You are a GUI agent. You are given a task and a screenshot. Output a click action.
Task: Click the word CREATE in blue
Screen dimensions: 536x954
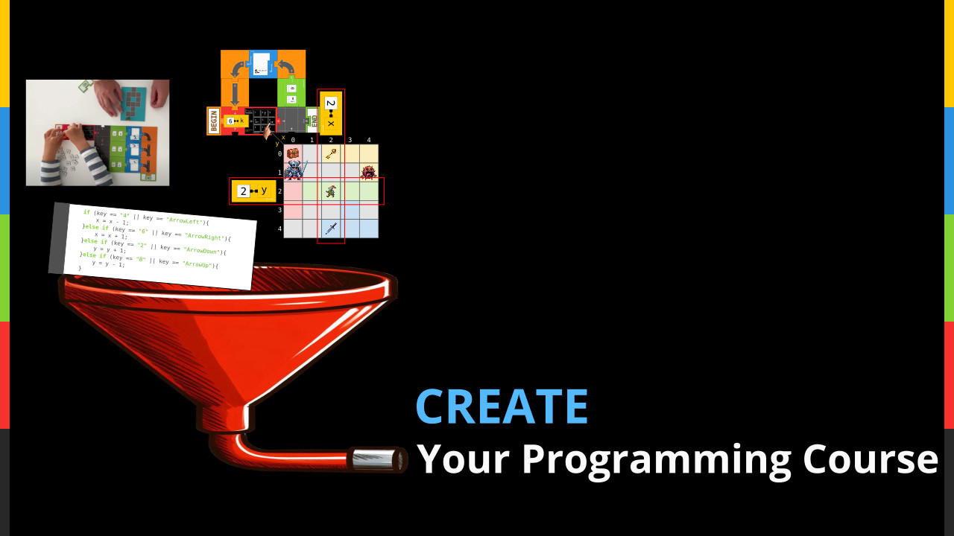click(502, 406)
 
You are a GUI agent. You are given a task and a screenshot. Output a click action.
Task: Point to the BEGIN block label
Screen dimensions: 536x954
click(213, 121)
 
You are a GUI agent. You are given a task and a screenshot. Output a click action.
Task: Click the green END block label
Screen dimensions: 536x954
click(314, 119)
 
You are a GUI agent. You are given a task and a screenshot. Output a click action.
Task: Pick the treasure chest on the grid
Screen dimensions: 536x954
click(293, 153)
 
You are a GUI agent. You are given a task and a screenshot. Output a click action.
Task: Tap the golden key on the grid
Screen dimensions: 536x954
click(331, 153)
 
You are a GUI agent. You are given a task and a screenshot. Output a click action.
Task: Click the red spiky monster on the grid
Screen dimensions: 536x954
click(368, 172)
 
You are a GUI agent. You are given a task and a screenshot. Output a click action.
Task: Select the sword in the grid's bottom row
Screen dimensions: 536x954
click(331, 229)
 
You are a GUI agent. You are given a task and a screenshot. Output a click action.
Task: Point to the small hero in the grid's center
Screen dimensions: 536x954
click(331, 191)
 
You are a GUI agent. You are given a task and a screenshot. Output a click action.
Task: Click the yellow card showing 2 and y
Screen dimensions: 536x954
click(253, 191)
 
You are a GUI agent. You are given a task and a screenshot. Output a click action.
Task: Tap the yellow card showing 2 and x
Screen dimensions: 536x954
click(331, 112)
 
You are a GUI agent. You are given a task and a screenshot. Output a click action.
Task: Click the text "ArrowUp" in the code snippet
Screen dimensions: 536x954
click(197, 264)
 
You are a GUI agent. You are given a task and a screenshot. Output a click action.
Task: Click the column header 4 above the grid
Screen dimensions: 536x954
click(368, 140)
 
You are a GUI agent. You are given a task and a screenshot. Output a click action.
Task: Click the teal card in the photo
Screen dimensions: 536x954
click(133, 103)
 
